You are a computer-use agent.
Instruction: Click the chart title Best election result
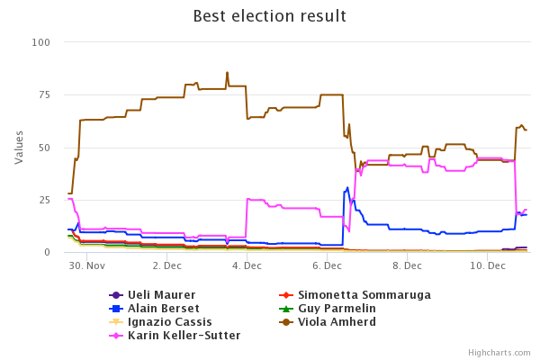[270, 16]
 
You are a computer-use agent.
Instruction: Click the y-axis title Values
[19, 147]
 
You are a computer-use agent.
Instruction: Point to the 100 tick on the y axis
[40, 42]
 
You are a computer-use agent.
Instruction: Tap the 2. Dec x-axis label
[167, 266]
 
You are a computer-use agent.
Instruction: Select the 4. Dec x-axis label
[247, 266]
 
